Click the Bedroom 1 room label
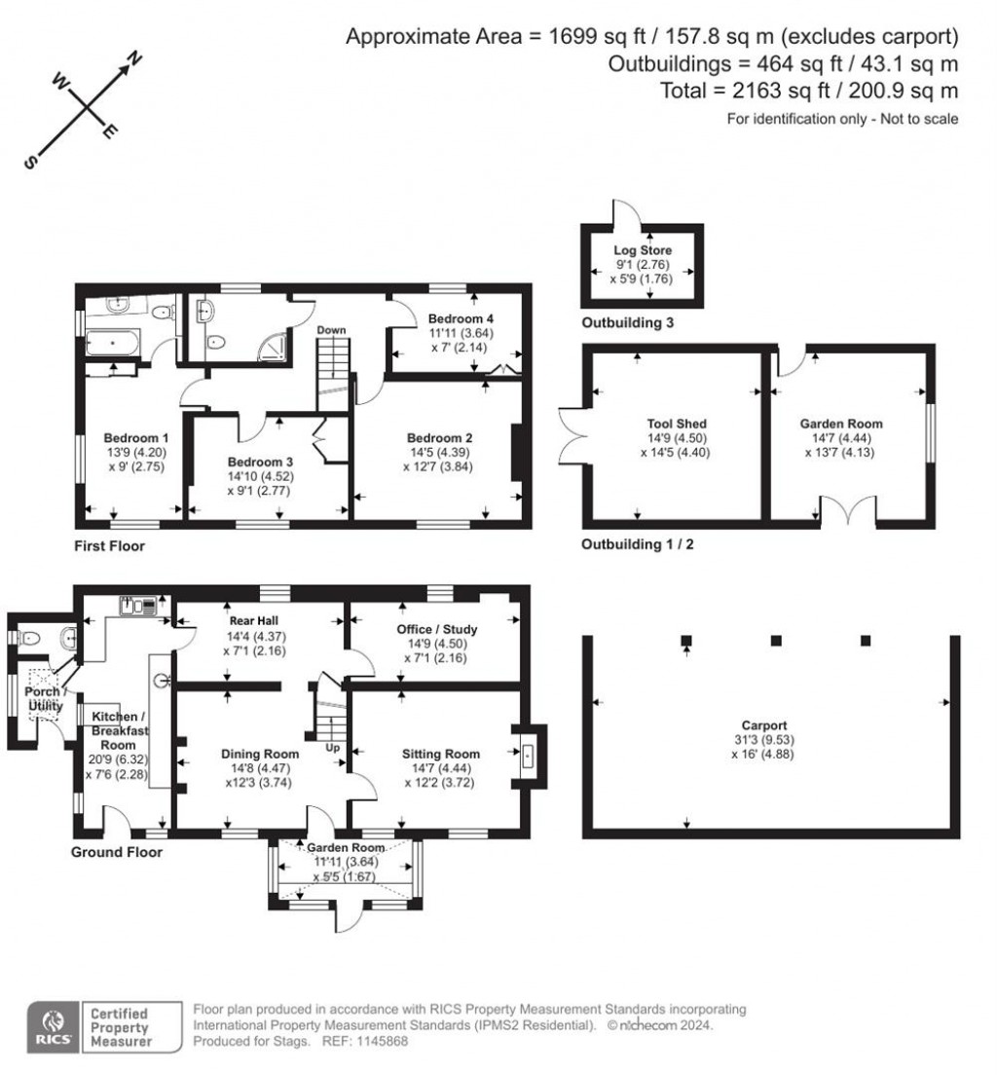(130, 437)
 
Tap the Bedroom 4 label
(456, 319)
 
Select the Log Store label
(642, 251)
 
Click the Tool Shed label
(676, 424)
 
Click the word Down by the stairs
(331, 330)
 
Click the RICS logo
(51, 1027)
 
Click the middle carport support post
(776, 641)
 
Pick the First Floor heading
(110, 546)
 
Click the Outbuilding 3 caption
(627, 323)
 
